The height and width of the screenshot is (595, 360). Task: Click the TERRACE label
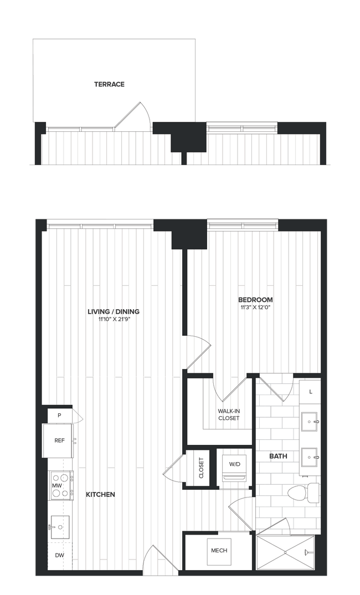tap(109, 85)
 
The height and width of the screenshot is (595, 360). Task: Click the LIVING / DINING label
tap(114, 311)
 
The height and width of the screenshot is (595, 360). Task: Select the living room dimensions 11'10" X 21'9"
tap(114, 319)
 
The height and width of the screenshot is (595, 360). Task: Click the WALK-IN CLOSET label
tap(228, 414)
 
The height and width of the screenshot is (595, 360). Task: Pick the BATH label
tap(277, 456)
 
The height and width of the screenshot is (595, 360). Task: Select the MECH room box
tap(219, 551)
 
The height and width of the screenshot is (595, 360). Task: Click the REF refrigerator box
tap(59, 441)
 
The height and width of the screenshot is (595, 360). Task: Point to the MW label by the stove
tap(56, 486)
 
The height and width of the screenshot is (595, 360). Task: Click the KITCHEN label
tap(100, 494)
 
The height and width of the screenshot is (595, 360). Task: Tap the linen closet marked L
tap(311, 392)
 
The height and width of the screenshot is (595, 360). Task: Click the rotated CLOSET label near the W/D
tap(201, 468)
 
